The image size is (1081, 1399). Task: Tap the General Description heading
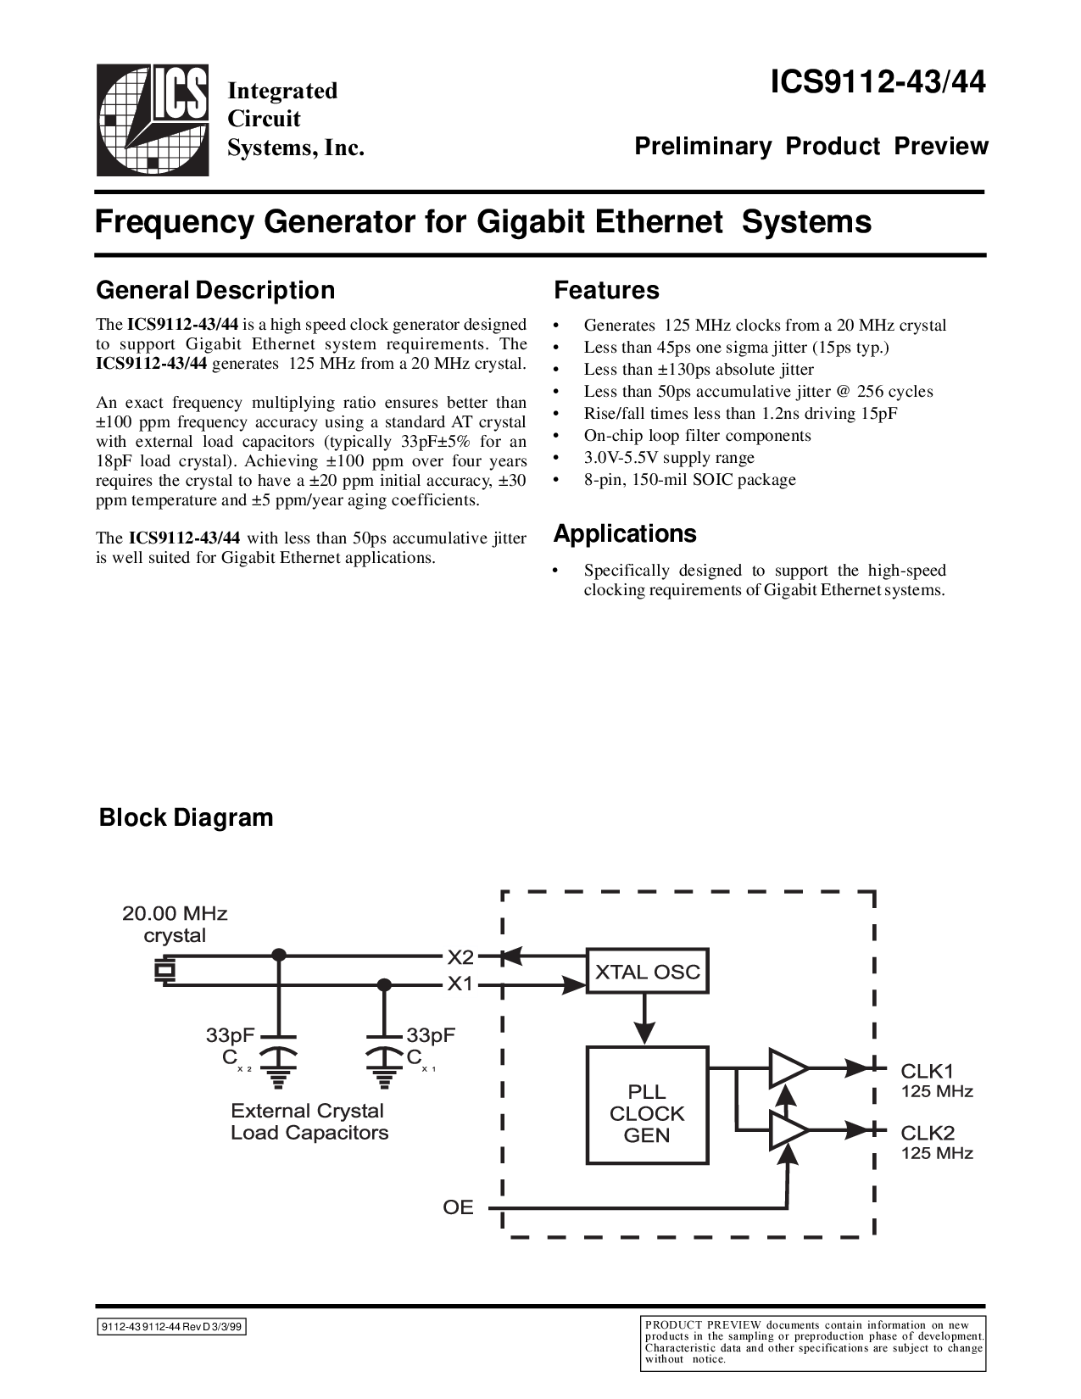(215, 290)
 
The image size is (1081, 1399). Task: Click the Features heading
(606, 290)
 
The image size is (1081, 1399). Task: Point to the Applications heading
(625, 533)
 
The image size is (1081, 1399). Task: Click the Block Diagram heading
(187, 817)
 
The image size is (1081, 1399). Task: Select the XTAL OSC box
(648, 972)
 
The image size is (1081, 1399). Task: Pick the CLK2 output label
(928, 1132)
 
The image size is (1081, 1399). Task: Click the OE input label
(458, 1207)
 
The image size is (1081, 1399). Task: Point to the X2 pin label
(461, 957)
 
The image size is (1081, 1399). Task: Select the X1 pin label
(461, 984)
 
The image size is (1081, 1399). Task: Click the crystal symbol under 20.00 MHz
(163, 971)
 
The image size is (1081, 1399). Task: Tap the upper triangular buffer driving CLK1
(787, 1068)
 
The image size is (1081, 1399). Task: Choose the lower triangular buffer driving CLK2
(787, 1130)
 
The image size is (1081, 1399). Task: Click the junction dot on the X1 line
(384, 984)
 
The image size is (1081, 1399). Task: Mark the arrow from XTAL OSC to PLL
(645, 1021)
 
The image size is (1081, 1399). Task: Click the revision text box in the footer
(171, 1329)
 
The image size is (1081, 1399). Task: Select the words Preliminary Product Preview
(811, 147)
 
